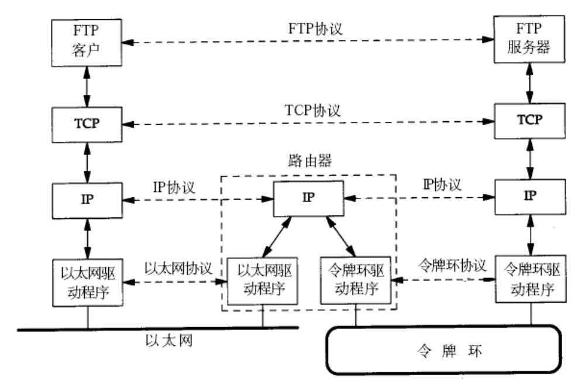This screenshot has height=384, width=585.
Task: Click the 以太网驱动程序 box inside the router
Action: [263, 279]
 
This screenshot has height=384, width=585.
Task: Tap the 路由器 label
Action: [308, 159]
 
